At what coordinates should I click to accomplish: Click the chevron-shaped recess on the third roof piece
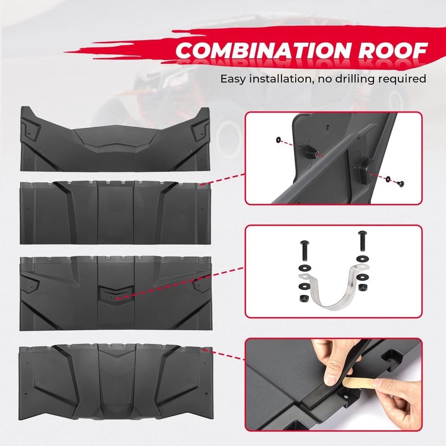tap(117, 294)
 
